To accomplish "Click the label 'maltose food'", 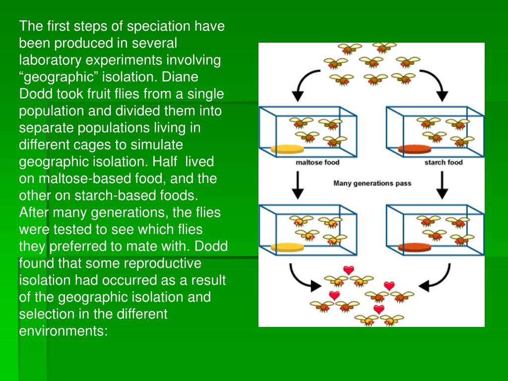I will [317, 162].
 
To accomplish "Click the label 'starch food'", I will [443, 162].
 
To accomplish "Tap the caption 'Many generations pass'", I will [372, 183].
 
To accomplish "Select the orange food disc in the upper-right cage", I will [414, 149].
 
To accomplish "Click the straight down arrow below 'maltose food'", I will [297, 185].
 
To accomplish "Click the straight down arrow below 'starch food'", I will [441, 185].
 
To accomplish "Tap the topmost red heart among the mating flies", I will [349, 270].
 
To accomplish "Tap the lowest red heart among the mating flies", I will [379, 309].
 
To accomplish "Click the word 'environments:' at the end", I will [63, 331].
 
